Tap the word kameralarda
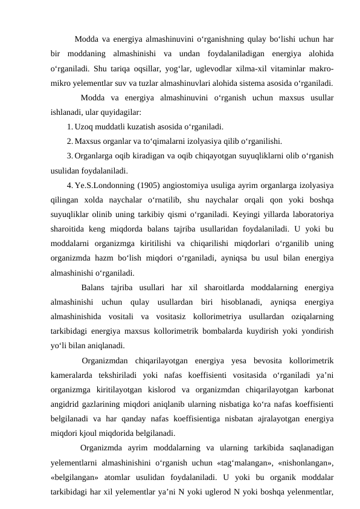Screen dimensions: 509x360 click(x=76, y=375)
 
